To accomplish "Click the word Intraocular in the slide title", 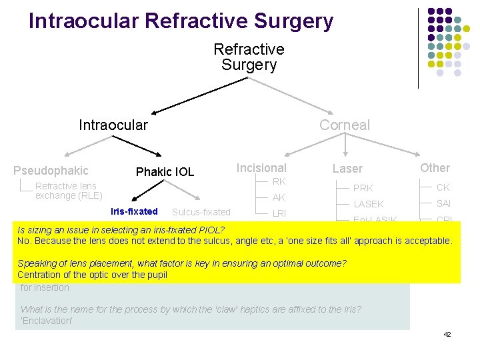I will (83, 21).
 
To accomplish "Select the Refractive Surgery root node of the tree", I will (249, 57).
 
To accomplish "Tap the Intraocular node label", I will (113, 125).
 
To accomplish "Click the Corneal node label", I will (344, 125).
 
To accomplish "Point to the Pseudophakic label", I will (51, 171).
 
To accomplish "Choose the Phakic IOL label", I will (165, 172).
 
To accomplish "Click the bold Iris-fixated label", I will (134, 211).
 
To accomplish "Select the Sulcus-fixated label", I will (201, 212).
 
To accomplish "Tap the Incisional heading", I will (261, 168).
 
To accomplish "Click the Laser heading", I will (347, 169).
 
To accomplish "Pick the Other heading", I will (435, 168).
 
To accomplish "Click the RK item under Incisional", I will (279, 182).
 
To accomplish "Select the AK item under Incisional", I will (279, 197).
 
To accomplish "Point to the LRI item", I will (279, 213).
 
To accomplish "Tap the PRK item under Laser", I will (363, 188).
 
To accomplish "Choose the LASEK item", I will (368, 204).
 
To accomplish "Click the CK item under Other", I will (443, 187).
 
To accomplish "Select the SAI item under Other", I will (444, 203).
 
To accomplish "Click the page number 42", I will (447, 334).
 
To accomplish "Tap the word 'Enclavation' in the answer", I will (46, 321).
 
